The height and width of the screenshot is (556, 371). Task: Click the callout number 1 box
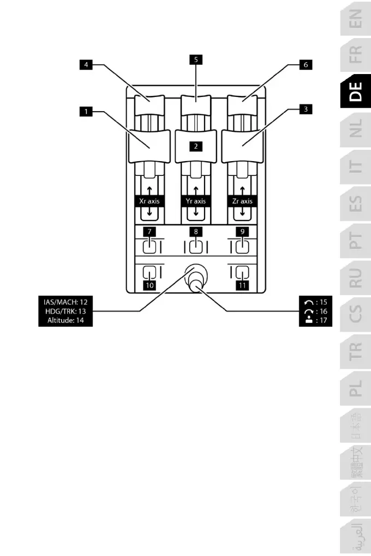click(x=85, y=113)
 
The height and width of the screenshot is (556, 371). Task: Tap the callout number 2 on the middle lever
click(x=195, y=146)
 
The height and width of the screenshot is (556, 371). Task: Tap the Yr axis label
click(x=195, y=201)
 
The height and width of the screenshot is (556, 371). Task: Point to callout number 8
click(x=195, y=231)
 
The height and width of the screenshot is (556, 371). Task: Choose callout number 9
click(x=242, y=231)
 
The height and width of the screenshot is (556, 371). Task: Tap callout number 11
click(x=242, y=284)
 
